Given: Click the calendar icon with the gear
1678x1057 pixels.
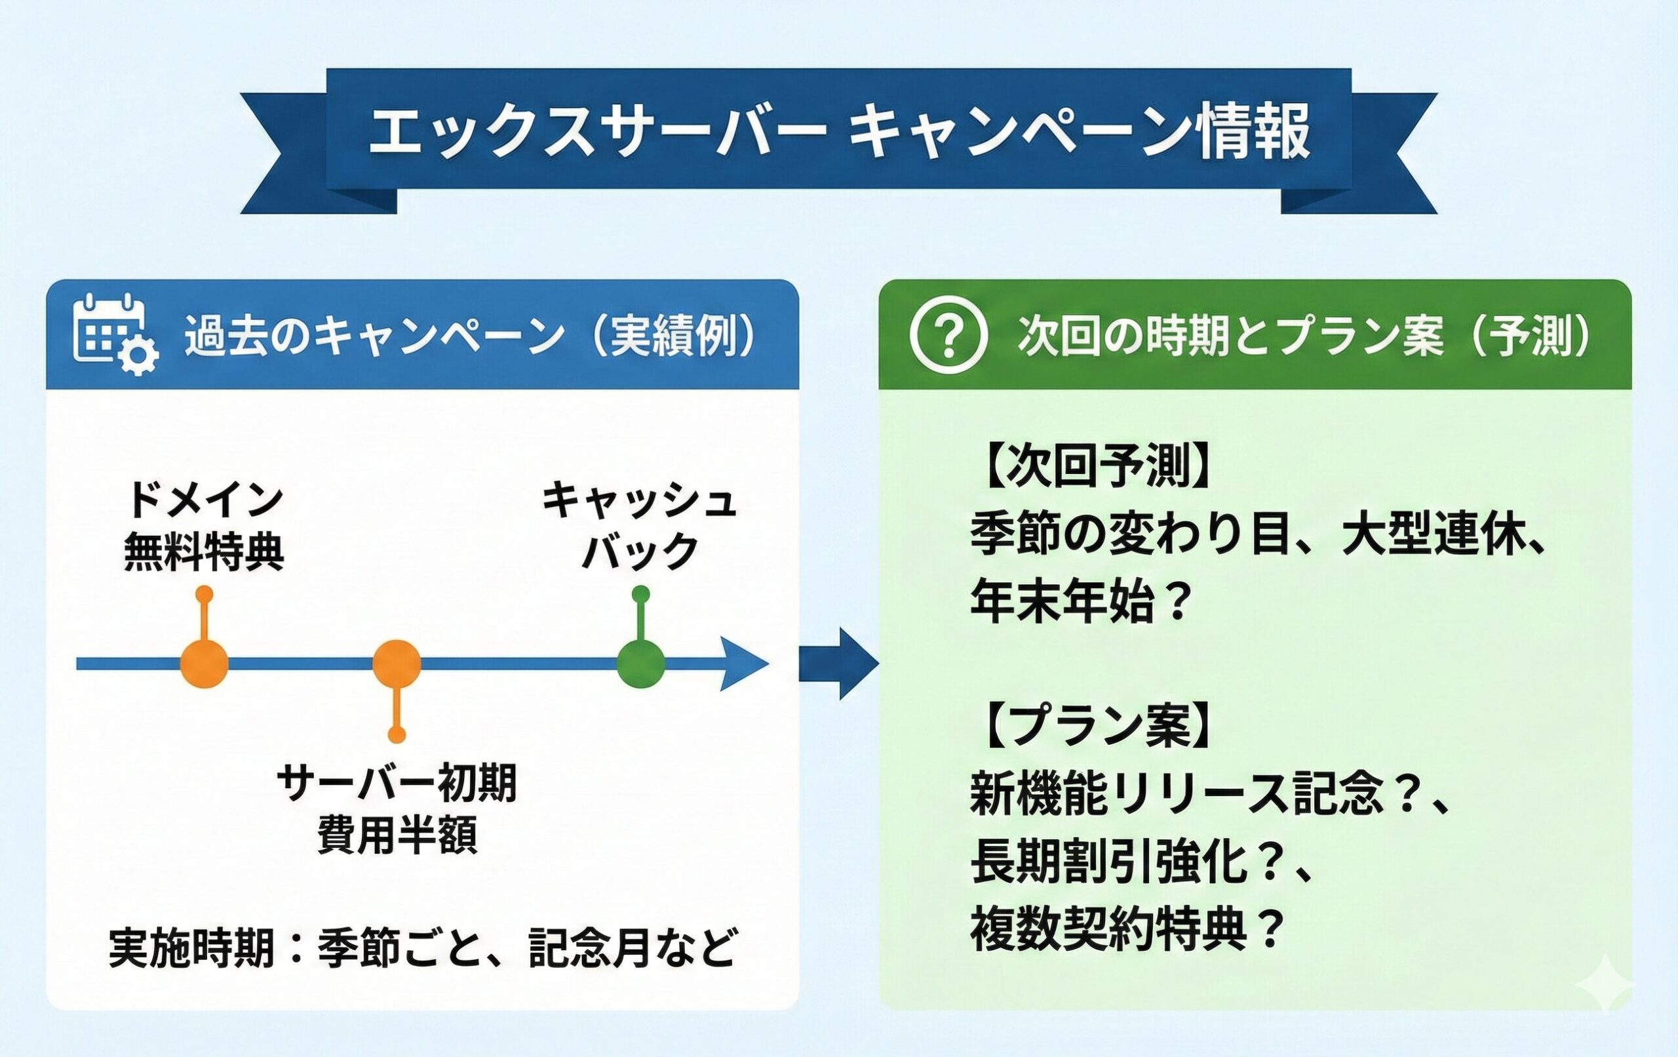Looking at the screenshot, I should pos(115,334).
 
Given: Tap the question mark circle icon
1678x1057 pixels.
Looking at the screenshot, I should pos(948,334).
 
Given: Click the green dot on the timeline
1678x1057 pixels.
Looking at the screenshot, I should pos(640,663).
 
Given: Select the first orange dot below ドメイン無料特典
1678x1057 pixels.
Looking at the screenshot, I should pos(204,663).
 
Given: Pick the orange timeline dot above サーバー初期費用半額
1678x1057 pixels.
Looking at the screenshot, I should pos(397,663).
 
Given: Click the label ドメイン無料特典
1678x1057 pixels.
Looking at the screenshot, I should pos(204,528).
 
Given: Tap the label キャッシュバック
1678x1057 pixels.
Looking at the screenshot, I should pos(640,528).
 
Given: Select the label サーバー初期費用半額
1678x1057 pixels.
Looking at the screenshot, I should pos(397,808).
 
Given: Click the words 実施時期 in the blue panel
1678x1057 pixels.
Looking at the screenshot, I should pos(191,947).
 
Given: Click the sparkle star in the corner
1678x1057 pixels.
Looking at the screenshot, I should pos(1605,982).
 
